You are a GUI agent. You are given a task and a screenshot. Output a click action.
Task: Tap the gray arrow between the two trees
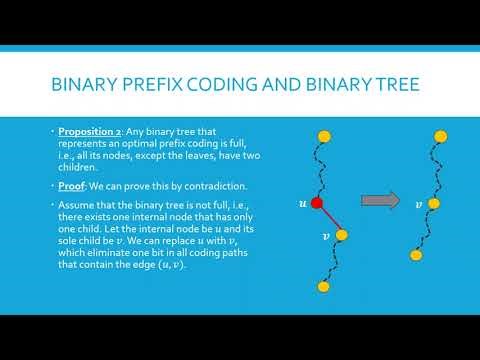click(374, 201)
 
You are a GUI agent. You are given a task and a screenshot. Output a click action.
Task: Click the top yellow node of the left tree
click(323, 135)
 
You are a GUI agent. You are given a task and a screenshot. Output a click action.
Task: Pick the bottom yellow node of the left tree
click(323, 287)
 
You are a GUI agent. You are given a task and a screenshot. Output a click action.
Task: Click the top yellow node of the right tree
click(434, 135)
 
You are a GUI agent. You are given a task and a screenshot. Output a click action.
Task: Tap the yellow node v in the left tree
click(342, 236)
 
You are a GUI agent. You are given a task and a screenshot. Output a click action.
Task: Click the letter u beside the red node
click(302, 203)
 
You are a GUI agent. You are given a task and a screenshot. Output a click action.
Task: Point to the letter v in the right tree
click(419, 203)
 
